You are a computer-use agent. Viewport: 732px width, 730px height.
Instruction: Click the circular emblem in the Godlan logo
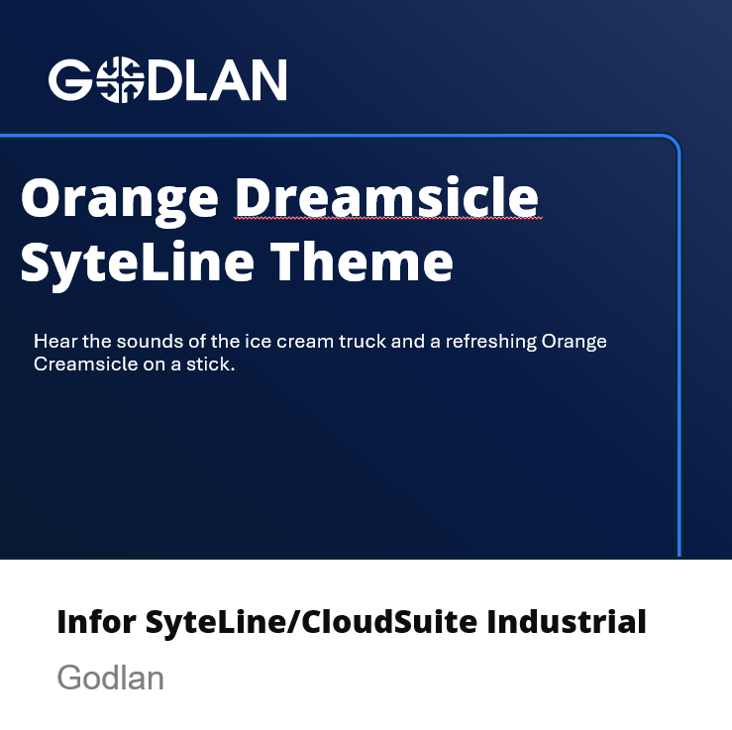tap(120, 80)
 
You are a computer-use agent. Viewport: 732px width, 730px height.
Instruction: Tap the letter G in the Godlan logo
tap(70, 80)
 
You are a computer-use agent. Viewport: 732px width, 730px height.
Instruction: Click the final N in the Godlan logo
tap(268, 80)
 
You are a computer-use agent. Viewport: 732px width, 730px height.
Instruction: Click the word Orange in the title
tap(120, 201)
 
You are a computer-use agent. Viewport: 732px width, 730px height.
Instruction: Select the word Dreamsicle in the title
tap(386, 196)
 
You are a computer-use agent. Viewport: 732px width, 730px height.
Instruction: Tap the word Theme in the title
tap(362, 261)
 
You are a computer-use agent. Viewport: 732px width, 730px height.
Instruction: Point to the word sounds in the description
tap(150, 341)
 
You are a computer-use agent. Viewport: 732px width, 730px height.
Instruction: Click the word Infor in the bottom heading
tap(96, 622)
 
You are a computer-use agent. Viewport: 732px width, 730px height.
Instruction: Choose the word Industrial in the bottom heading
tap(567, 622)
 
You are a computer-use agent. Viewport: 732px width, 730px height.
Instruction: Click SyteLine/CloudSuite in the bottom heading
tap(311, 623)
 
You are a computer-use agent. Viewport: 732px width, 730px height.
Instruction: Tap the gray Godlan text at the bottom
tap(110, 678)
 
